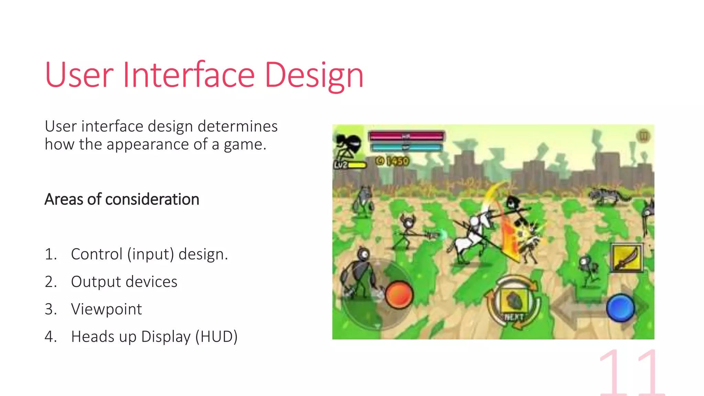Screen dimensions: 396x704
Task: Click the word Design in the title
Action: click(x=314, y=75)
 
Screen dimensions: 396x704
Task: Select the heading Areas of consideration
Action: click(x=122, y=199)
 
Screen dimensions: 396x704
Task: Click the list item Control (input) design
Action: click(x=149, y=254)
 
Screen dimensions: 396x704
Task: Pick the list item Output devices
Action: click(x=124, y=282)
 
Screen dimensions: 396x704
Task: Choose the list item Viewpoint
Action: click(x=106, y=309)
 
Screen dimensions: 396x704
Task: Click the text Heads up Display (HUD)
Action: click(x=154, y=337)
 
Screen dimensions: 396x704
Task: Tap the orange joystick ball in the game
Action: click(x=399, y=295)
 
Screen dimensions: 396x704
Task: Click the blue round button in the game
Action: click(x=620, y=308)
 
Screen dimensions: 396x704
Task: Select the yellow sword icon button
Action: click(x=626, y=258)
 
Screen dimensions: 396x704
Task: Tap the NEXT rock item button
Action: click(x=514, y=302)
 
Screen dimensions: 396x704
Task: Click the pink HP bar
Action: click(x=406, y=136)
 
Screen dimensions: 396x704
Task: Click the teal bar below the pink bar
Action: click(x=406, y=147)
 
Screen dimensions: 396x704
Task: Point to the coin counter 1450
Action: click(x=393, y=161)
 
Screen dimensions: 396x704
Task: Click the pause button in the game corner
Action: click(x=643, y=136)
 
